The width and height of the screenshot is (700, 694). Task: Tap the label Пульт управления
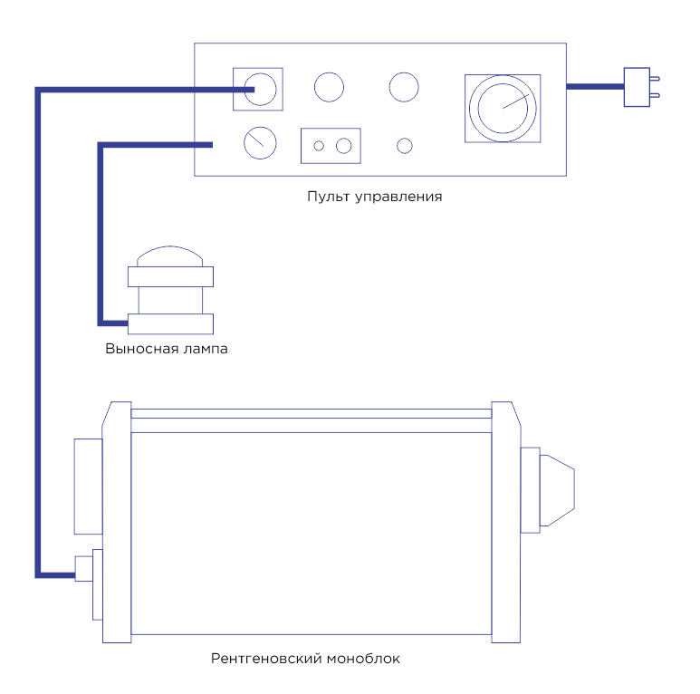click(374, 196)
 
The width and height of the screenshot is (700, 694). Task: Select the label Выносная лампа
click(167, 349)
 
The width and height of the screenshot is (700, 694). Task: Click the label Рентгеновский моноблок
click(305, 659)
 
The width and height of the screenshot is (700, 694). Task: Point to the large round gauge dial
click(503, 108)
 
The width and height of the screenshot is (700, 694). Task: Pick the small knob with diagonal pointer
click(260, 141)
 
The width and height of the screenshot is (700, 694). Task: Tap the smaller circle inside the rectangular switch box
click(319, 146)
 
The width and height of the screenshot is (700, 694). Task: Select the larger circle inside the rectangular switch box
click(343, 146)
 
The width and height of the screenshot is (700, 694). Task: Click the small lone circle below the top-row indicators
click(405, 145)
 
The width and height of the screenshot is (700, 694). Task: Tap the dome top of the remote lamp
click(170, 255)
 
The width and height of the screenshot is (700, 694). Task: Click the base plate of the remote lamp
click(170, 323)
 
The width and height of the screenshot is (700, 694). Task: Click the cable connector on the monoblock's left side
click(83, 570)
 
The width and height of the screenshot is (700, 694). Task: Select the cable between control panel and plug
click(595, 87)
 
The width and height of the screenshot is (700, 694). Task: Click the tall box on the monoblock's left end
click(89, 486)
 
